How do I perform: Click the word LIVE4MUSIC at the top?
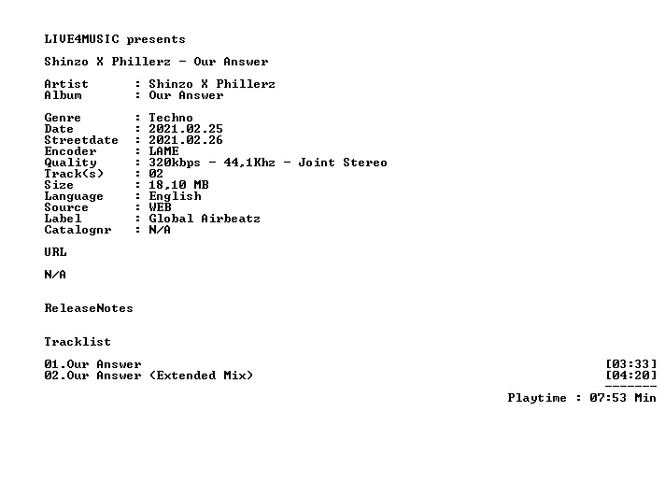coord(82,39)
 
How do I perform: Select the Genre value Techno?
coord(171,118)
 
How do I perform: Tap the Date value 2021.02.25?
coord(186,129)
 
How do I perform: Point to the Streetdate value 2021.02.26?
coord(186,140)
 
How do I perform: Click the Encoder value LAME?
coord(163,151)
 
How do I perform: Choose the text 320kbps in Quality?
coord(175,163)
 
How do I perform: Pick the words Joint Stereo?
coord(343,163)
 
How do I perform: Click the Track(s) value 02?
coord(156,174)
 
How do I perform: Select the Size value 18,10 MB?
coord(178,185)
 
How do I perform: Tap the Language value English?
coord(176,196)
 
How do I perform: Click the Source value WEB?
coord(161,207)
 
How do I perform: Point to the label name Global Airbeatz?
coord(205,219)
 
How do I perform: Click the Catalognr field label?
coord(78,230)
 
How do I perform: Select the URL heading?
coord(55,252)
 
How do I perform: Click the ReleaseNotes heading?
coord(89,308)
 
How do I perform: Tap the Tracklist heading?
coord(78,342)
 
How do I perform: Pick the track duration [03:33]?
coord(631,364)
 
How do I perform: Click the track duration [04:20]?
coord(631,376)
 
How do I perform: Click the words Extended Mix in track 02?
coord(201,376)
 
